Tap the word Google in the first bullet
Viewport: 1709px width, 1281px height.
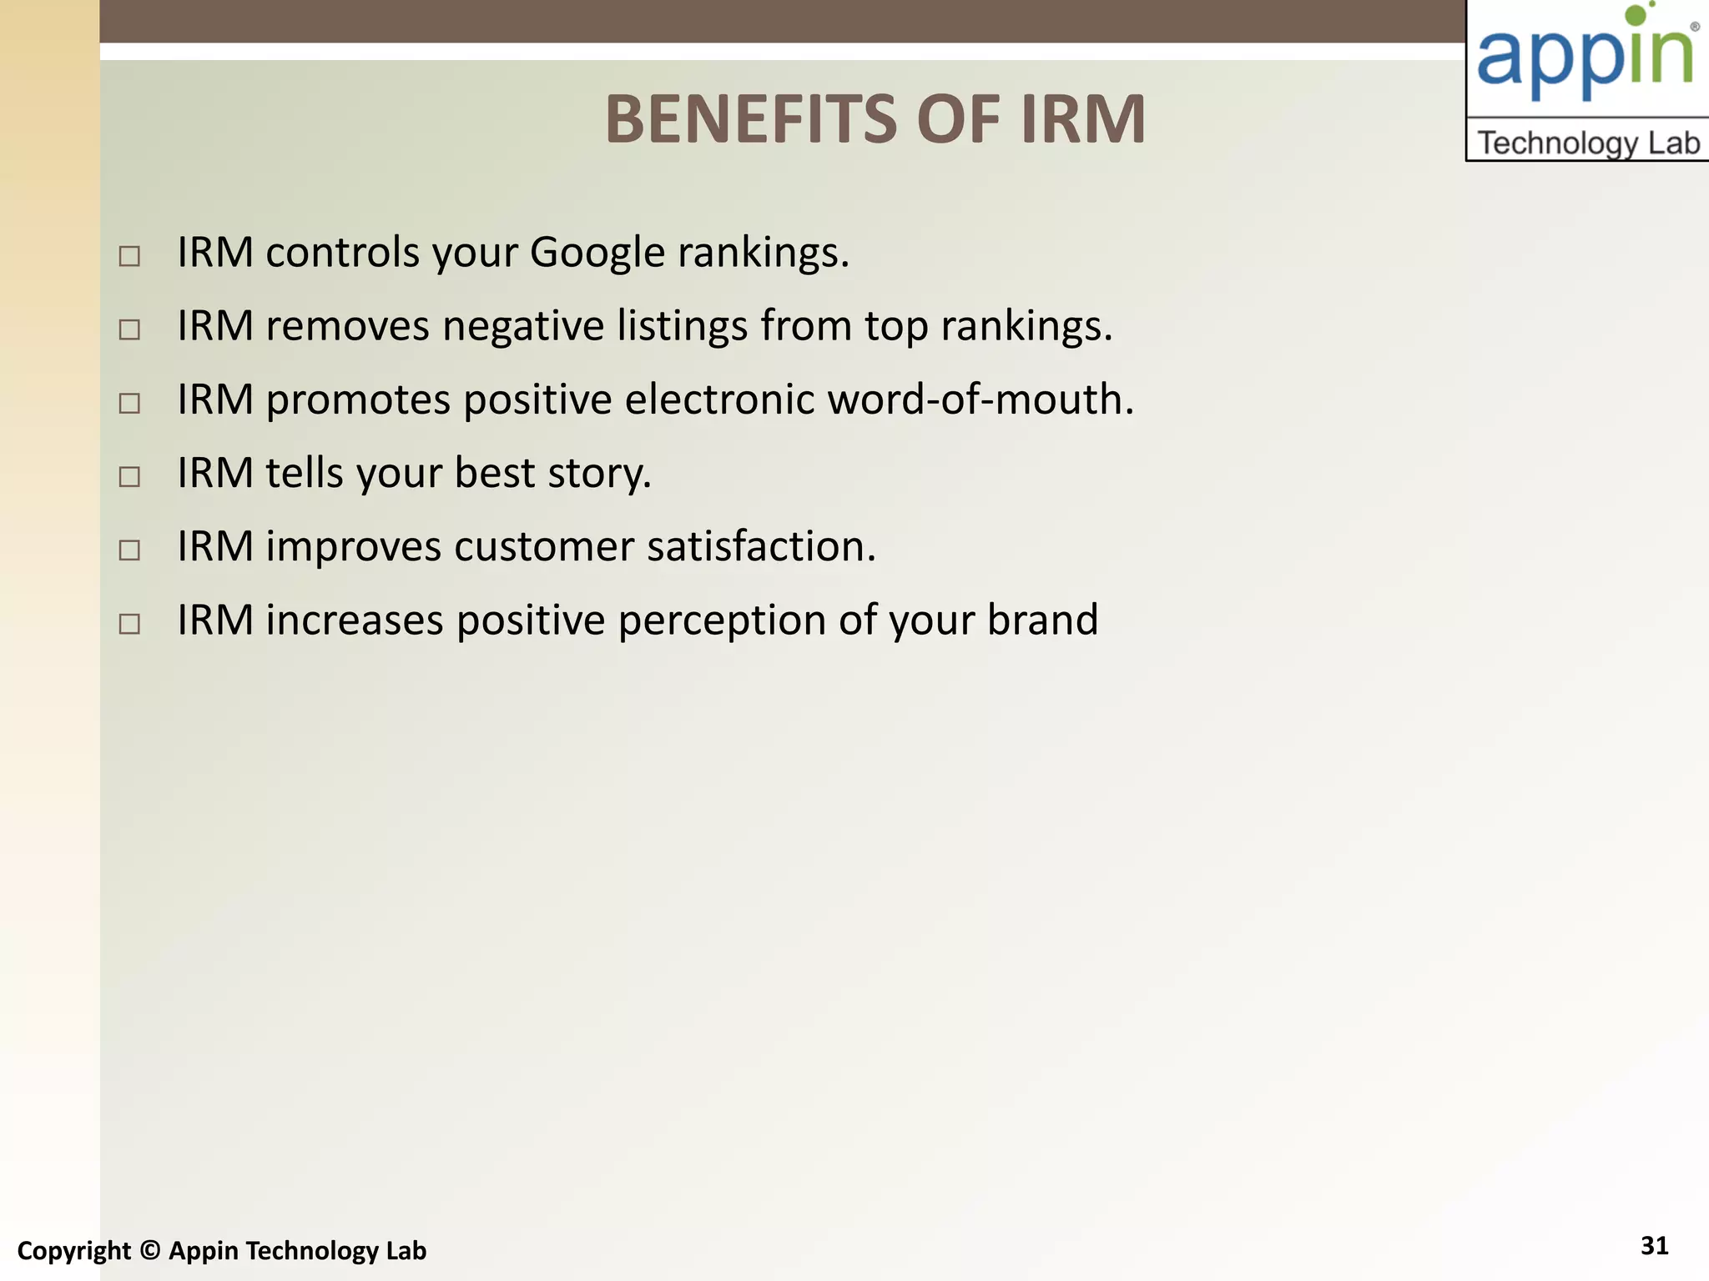(x=597, y=253)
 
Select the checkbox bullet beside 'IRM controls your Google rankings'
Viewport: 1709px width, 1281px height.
(x=129, y=256)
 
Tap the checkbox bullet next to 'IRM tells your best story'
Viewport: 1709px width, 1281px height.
(x=129, y=477)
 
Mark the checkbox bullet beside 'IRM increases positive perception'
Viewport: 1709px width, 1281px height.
(x=129, y=624)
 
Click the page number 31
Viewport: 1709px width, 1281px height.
(x=1654, y=1246)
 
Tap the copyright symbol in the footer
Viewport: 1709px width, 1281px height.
(x=150, y=1251)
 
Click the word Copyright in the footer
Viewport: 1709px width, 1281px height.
(x=74, y=1251)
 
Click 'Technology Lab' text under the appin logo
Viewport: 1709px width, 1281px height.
(x=1588, y=143)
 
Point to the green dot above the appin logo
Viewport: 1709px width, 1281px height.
(x=1637, y=14)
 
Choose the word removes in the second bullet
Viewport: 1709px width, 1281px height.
(x=347, y=326)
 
